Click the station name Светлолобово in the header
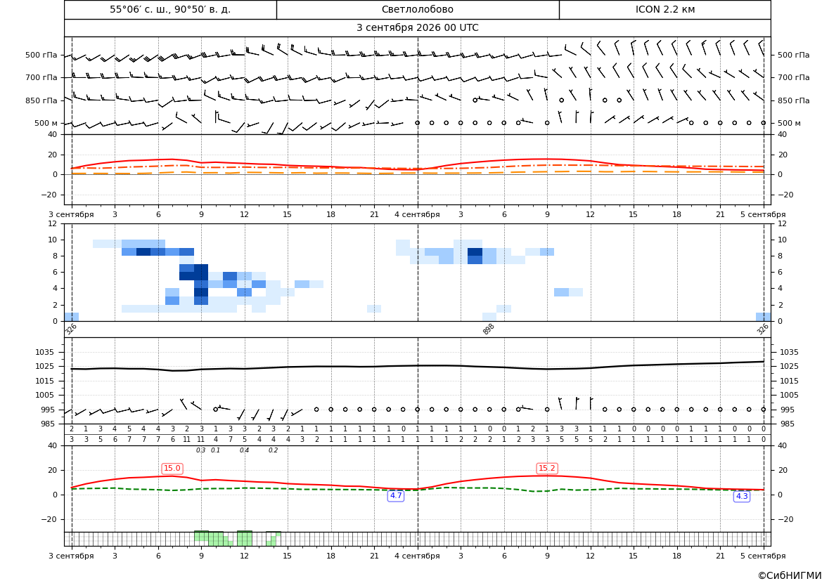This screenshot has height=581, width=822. tap(417, 9)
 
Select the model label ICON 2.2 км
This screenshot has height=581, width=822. tap(664, 9)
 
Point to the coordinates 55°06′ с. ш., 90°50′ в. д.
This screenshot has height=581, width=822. tap(170, 9)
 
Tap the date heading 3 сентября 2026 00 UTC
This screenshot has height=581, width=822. tap(417, 28)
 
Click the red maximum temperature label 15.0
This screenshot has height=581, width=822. tap(172, 469)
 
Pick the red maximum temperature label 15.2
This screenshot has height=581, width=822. tap(547, 469)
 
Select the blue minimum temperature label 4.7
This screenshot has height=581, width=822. tap(396, 495)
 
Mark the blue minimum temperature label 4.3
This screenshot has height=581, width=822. tap(742, 496)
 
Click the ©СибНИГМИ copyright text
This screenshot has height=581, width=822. tap(790, 575)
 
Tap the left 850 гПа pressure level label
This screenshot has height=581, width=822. tap(41, 100)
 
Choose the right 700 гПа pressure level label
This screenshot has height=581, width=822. tap(794, 77)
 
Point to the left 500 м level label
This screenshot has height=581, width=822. tap(46, 123)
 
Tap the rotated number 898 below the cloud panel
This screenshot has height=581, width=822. tap(488, 329)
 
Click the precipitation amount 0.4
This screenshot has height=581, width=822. tap(244, 450)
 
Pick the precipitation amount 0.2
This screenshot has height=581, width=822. tap(273, 450)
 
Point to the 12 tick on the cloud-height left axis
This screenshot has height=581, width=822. tap(53, 223)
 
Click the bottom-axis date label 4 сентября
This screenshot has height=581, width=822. tap(417, 556)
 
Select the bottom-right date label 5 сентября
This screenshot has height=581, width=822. tap(763, 556)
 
